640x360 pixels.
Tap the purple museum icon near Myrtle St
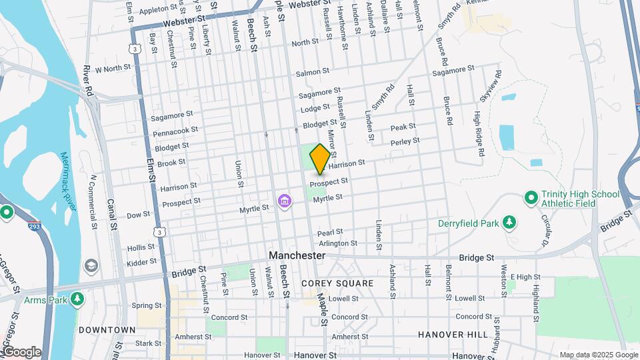click(x=285, y=201)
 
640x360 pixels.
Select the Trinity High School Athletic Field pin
click(x=531, y=198)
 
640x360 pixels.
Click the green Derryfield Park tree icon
click(x=509, y=222)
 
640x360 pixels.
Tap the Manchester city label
click(x=297, y=255)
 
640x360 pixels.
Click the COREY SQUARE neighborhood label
click(x=337, y=283)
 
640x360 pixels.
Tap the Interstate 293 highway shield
click(x=33, y=227)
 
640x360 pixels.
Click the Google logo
click(x=21, y=352)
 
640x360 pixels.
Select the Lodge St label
click(x=315, y=107)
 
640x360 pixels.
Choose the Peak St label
click(x=403, y=127)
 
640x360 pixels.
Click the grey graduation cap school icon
click(x=90, y=267)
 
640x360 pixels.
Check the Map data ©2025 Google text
click(x=597, y=355)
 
